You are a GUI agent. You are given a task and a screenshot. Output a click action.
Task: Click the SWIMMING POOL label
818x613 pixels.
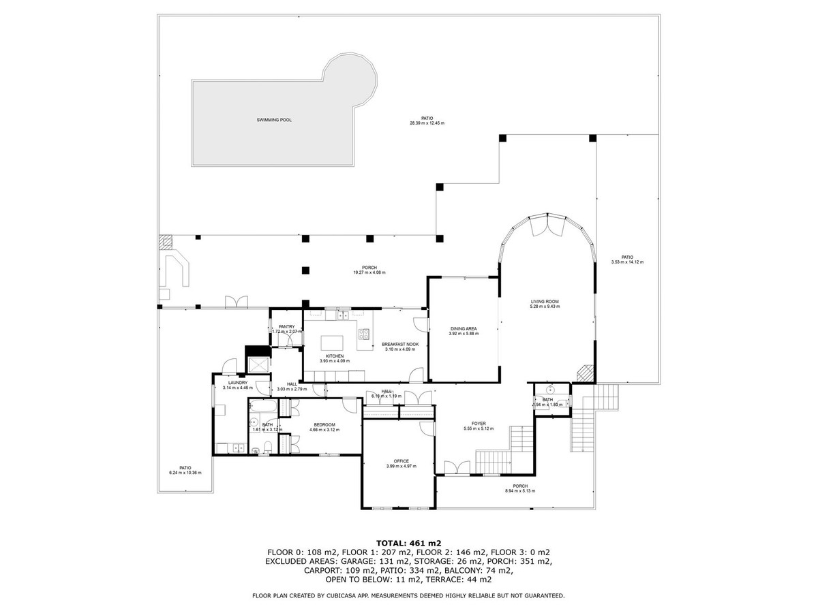coord(273,120)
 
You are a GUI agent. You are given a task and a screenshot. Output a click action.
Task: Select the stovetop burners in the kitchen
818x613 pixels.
coord(364,334)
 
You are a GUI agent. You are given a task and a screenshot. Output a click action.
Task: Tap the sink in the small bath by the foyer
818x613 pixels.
coord(549,390)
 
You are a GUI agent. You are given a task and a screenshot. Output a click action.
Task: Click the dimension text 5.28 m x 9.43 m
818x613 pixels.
coord(545,306)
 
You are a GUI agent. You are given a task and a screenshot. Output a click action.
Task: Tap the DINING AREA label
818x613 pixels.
coord(463,328)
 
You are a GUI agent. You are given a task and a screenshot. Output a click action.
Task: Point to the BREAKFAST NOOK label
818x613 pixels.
coord(399,344)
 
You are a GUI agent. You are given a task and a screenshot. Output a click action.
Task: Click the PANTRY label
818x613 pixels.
coord(286,327)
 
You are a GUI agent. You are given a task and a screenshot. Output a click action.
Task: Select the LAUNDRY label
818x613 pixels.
coord(237,383)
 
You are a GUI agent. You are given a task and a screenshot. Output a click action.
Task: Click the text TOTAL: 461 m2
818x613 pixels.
coord(408,543)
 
